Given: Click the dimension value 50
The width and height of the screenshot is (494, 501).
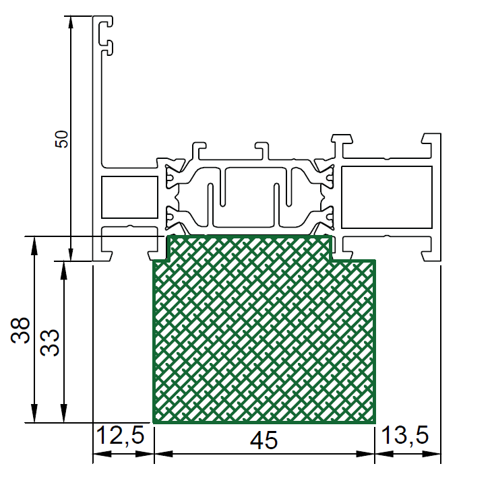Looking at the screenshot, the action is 62,139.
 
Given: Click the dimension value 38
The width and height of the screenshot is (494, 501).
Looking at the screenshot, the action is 20,331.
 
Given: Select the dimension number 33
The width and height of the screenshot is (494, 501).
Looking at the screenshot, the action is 50,343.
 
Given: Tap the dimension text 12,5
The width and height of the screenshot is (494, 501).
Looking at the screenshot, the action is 120,436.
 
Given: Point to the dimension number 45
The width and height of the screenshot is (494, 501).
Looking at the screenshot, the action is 264,440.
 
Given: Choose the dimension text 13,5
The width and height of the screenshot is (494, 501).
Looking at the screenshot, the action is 405,436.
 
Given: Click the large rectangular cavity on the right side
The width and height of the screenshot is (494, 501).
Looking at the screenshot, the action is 387,197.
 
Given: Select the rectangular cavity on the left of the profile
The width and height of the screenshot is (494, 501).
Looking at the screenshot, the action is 129,197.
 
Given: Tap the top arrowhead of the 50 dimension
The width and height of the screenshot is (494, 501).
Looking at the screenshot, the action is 71,22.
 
